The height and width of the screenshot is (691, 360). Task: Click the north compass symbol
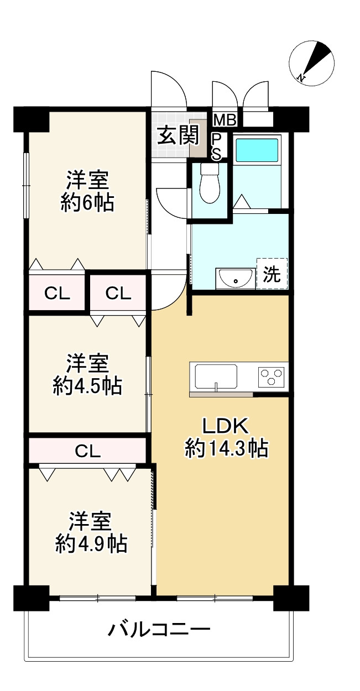coord(312,64)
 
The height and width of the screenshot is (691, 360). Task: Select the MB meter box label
coord(225,119)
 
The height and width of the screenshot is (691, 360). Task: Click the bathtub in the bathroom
coord(257,150)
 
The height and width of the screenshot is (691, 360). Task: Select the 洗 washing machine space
coord(272,274)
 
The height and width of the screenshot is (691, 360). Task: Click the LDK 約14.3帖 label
coord(226,437)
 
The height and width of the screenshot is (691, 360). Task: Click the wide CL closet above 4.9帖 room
coord(88,451)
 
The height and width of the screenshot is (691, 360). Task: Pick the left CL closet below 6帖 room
coord(57,294)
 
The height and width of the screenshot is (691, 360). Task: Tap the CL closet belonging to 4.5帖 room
coord(118,294)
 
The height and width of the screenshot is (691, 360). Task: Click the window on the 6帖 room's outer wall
coord(25,185)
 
